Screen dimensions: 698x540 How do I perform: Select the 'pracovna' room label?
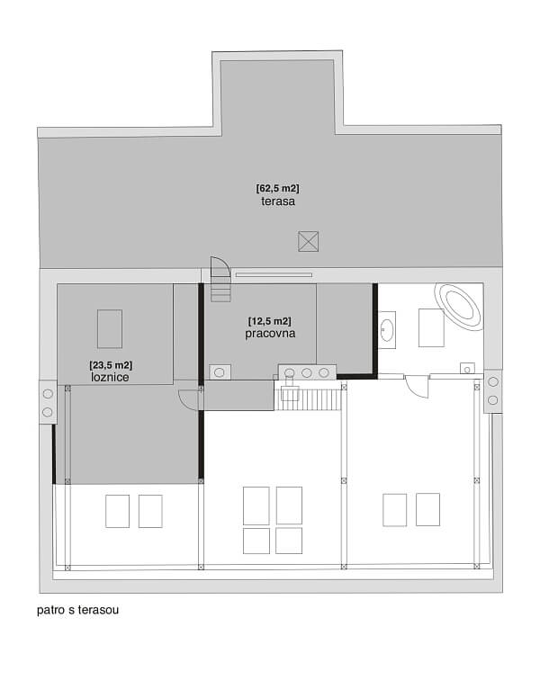pyautogui.click(x=270, y=333)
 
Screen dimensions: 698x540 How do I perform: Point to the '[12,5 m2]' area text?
pyautogui.click(x=270, y=320)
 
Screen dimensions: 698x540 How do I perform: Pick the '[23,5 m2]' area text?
pyautogui.click(x=111, y=365)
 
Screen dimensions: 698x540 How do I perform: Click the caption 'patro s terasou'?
pyautogui.click(x=78, y=609)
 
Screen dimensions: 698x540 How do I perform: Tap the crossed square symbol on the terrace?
pyautogui.click(x=308, y=240)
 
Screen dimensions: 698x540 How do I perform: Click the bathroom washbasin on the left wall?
pyautogui.click(x=388, y=330)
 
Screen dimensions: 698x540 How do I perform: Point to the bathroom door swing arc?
pyautogui.click(x=416, y=385)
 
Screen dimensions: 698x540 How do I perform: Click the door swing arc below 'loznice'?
pyautogui.click(x=189, y=399)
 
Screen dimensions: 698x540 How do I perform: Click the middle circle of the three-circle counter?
pyautogui.click(x=307, y=371)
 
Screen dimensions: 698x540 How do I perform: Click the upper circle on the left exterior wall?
pyautogui.click(x=47, y=394)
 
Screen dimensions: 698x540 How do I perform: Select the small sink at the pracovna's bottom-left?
pyautogui.click(x=221, y=371)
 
